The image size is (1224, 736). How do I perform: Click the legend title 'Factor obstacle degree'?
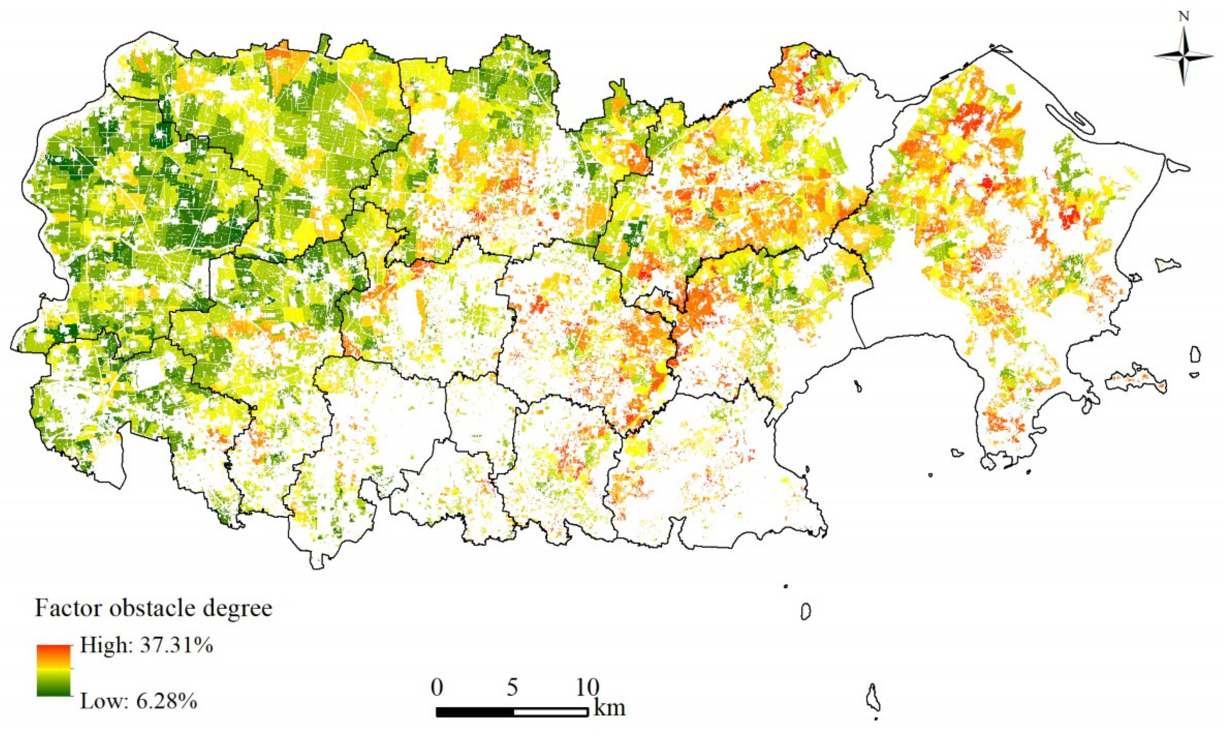154,608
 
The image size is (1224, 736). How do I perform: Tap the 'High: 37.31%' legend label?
147,646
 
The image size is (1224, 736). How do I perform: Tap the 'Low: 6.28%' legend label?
139,702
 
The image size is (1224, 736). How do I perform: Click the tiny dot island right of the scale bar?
786,586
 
